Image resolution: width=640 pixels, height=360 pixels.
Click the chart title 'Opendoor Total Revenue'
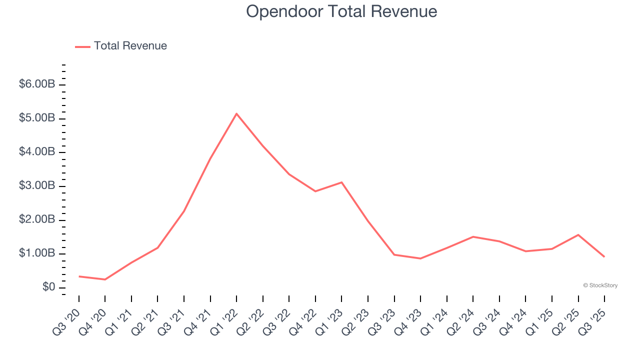click(341, 11)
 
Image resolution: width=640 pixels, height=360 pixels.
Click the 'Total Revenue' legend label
click(130, 46)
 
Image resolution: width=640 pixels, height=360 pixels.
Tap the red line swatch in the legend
click(82, 46)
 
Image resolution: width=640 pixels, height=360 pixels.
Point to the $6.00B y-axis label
click(36, 84)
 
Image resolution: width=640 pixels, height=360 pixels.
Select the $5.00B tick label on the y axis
click(36, 118)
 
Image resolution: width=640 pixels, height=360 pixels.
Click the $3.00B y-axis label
click(36, 185)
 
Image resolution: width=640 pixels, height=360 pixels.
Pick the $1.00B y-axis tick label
click(36, 253)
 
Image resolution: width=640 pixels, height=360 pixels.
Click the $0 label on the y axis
click(48, 287)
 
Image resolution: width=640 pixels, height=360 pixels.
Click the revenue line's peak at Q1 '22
click(236, 113)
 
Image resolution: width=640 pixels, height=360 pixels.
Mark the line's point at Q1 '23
click(341, 182)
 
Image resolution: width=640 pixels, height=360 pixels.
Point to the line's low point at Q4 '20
click(105, 279)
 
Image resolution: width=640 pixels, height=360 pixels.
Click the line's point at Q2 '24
click(473, 236)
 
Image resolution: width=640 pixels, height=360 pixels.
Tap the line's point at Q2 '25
click(578, 234)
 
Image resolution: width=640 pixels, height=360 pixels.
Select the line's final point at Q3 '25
click(604, 257)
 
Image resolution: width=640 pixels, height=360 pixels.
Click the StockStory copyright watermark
click(600, 285)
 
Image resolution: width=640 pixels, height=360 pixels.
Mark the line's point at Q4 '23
click(420, 258)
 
